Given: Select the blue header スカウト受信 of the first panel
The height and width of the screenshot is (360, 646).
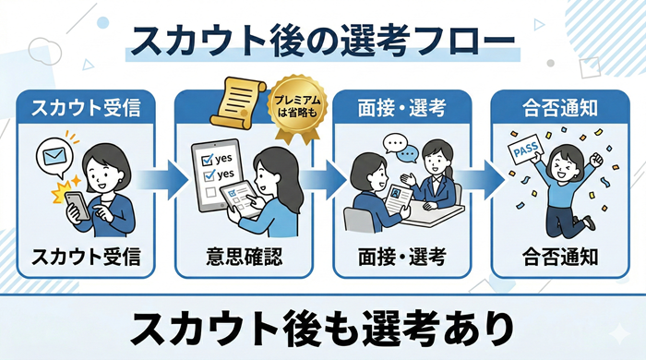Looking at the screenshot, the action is [87, 108].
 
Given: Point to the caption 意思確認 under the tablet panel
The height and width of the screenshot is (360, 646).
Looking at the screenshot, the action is [244, 256].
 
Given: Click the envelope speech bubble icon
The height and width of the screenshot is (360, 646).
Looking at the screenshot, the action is [53, 153].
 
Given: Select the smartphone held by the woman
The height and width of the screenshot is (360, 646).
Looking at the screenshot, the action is [77, 205].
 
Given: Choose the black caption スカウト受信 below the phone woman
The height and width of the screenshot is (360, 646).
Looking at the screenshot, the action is [87, 256].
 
